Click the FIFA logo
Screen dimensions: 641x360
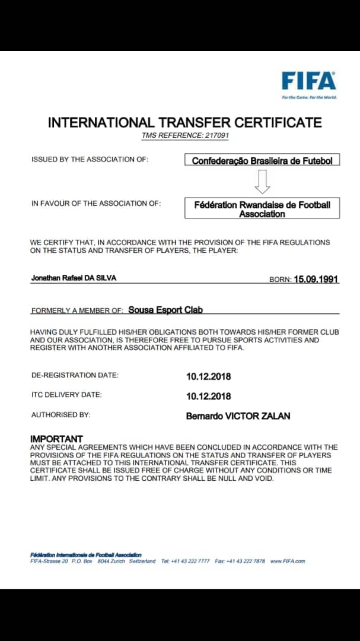click(308, 81)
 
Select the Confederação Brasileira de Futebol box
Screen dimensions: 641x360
click(262, 160)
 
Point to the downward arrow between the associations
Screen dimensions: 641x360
click(262, 182)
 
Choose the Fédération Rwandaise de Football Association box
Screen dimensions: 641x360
click(262, 208)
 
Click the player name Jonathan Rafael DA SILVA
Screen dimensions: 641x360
click(74, 278)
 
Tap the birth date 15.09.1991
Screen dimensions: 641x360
click(316, 279)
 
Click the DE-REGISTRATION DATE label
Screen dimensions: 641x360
click(75, 375)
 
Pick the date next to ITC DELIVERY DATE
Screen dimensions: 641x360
click(208, 396)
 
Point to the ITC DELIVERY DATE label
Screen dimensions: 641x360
click(66, 395)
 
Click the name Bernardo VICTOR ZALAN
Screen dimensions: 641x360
click(238, 416)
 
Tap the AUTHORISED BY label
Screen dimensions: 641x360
click(60, 415)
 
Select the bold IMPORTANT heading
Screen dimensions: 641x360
click(56, 439)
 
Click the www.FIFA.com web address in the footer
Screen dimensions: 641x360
click(288, 561)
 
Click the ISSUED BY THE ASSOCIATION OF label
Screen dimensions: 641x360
click(90, 160)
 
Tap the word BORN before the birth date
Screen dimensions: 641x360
click(279, 280)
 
